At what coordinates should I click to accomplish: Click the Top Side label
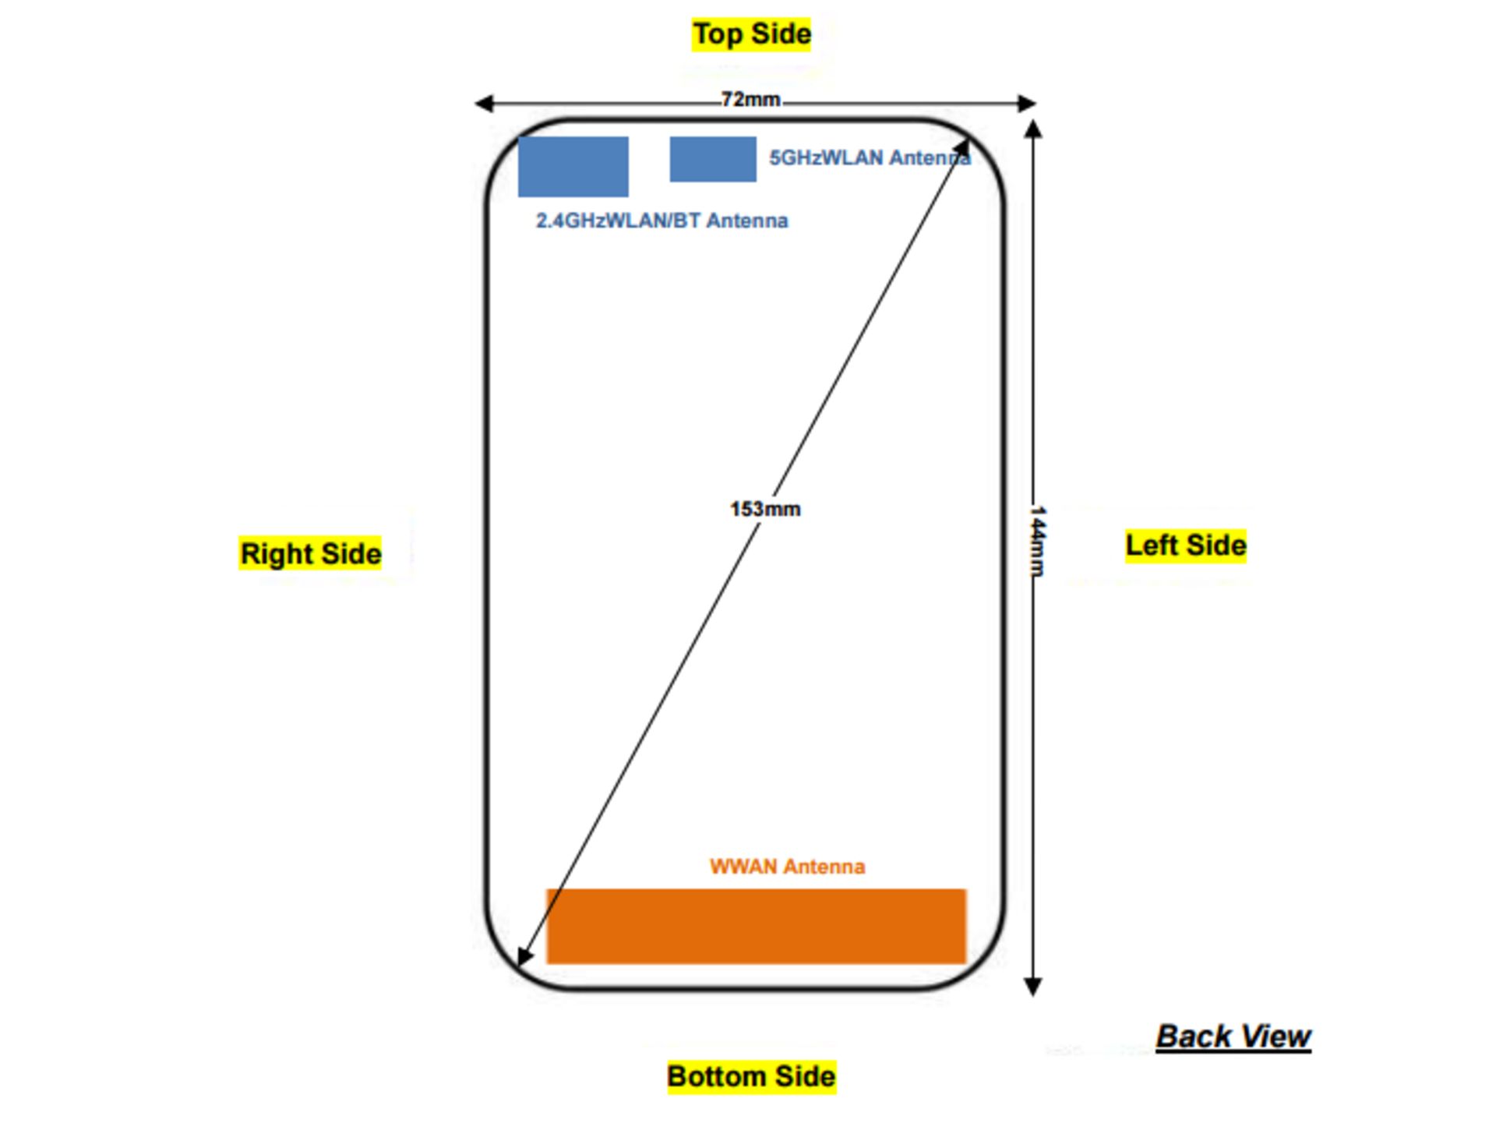coord(751,34)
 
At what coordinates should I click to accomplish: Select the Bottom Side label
coord(751,1076)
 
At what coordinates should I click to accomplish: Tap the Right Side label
coord(310,553)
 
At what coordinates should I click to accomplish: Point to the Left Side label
coord(1185,545)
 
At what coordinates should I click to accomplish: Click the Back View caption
coord(1233,1036)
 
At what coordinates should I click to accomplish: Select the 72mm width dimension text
coord(750,100)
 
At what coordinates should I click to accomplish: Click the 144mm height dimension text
coord(1037,542)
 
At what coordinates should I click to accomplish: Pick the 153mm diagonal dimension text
coord(764,509)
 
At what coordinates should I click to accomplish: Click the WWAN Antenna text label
coord(787,867)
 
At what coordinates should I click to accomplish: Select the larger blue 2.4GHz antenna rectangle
coord(573,166)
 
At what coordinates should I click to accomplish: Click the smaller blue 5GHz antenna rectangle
coord(712,159)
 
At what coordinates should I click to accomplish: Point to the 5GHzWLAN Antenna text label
coord(870,158)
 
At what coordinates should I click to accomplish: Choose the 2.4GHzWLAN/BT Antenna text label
coord(662,221)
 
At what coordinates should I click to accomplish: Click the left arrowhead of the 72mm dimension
coord(483,103)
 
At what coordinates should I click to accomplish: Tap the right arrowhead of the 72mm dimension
coord(1028,103)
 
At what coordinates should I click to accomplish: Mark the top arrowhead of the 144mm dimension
coord(1033,129)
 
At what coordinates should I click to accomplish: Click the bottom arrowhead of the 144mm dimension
coord(1033,987)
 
